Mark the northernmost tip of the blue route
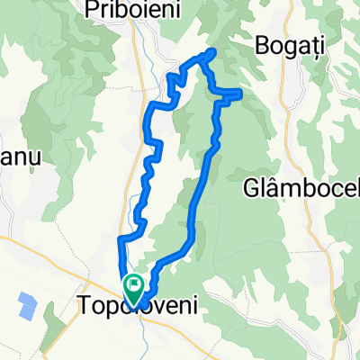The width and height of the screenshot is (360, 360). point(212,50)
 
